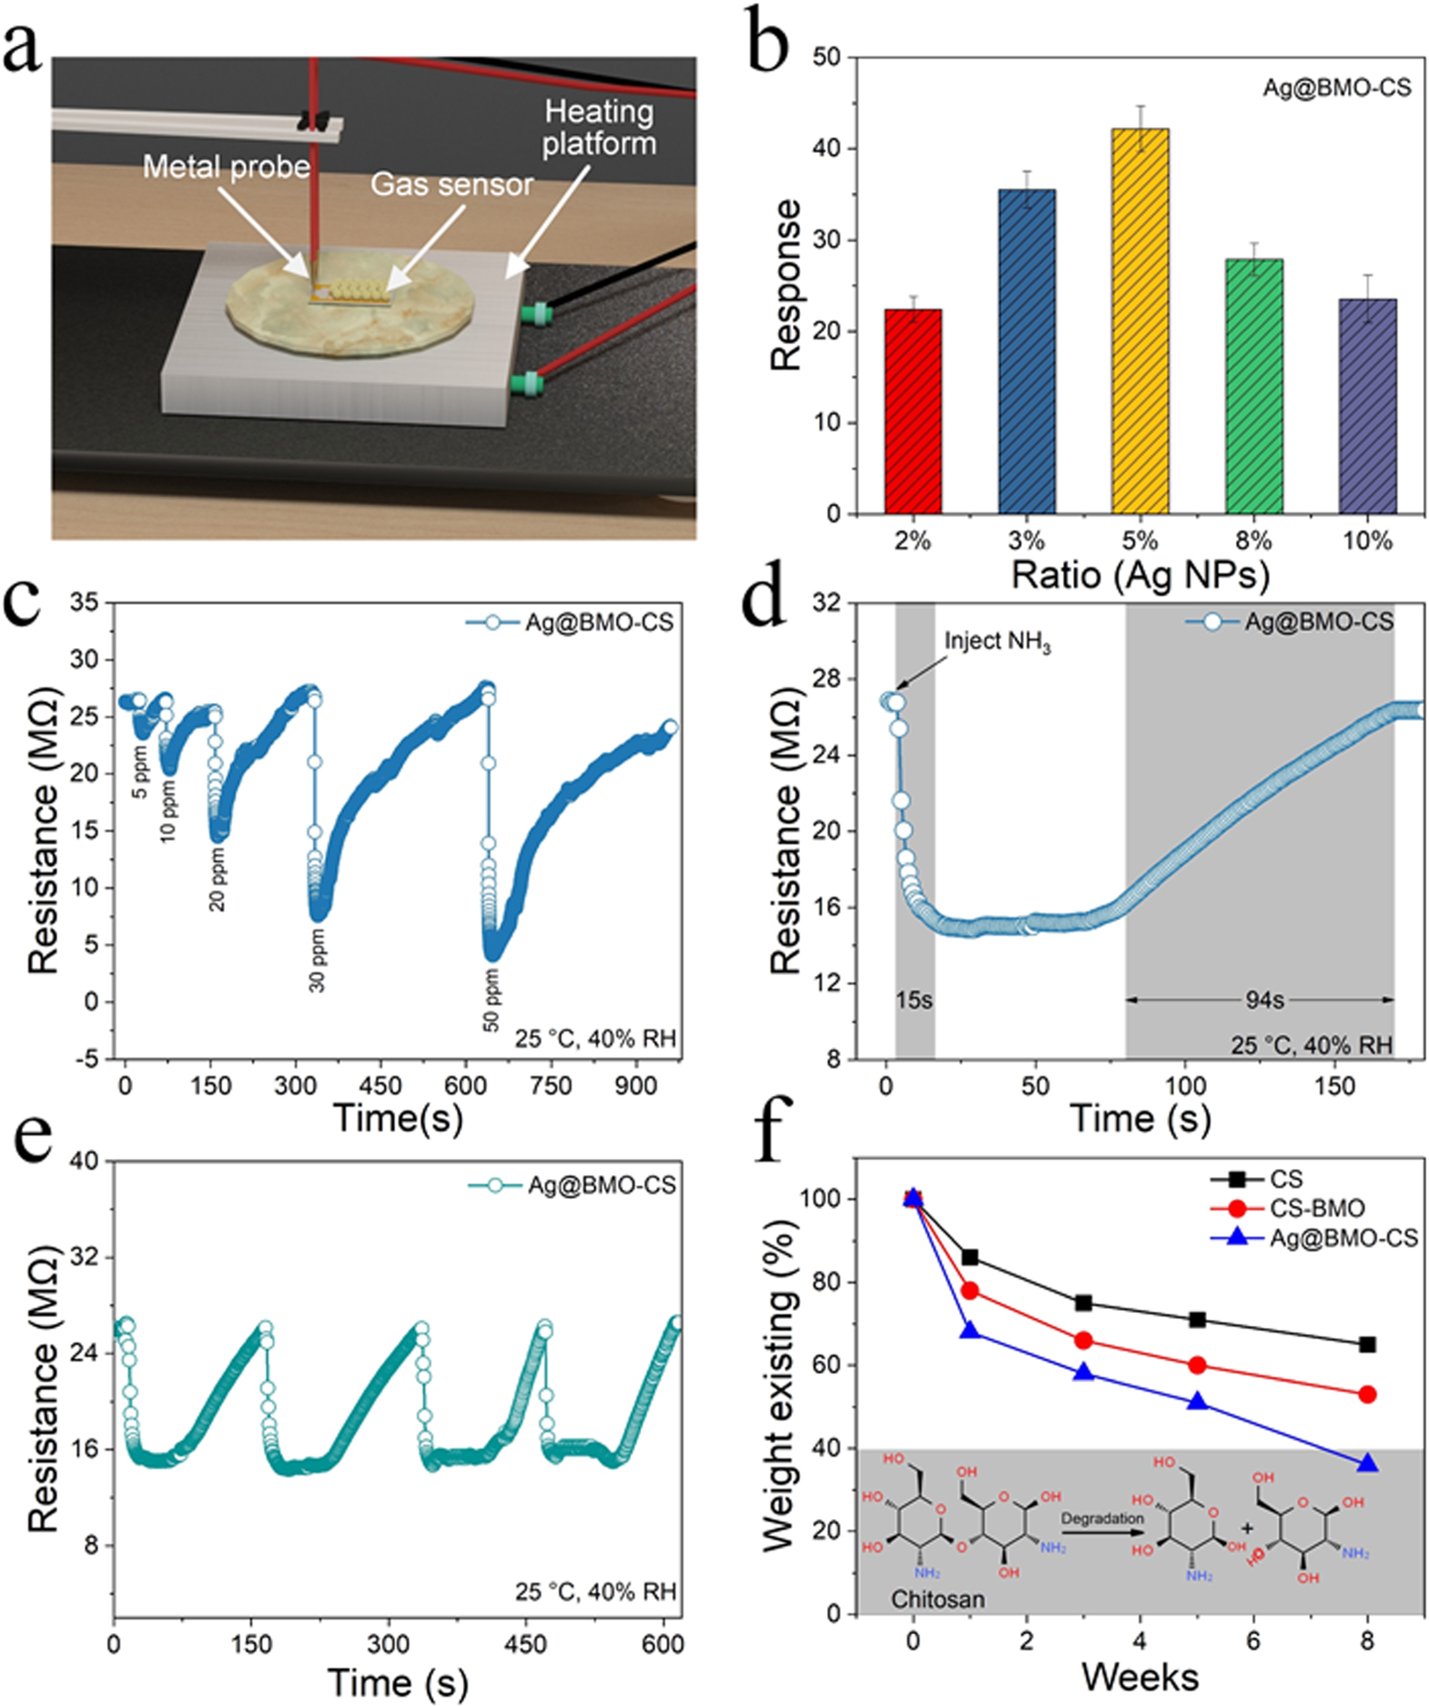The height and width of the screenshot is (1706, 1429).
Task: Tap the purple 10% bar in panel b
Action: pos(1367,406)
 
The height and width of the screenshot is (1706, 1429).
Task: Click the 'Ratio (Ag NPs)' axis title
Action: pos(1140,574)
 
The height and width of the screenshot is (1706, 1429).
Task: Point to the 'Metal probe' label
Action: pos(227,167)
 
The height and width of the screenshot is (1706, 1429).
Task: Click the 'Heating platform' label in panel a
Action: pos(599,127)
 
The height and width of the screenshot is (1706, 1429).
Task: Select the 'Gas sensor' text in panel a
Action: pos(451,185)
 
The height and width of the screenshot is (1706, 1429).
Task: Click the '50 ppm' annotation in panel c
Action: pos(492,1000)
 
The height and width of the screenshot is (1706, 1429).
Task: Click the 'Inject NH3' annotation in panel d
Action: pos(997,642)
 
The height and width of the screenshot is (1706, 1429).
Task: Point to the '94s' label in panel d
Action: pos(1264,1000)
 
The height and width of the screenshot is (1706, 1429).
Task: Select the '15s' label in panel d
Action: pos(914,1000)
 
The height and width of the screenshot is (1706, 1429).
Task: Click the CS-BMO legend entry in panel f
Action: pos(1316,1208)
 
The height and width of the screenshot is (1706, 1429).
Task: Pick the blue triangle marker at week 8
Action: pos(1367,1463)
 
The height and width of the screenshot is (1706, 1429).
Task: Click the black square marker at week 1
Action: pos(970,1257)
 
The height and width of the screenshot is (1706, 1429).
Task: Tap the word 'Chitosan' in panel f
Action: pos(937,1599)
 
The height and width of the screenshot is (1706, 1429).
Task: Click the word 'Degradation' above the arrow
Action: pos(1101,1518)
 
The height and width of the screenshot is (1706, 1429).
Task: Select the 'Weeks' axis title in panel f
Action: pos(1140,1675)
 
